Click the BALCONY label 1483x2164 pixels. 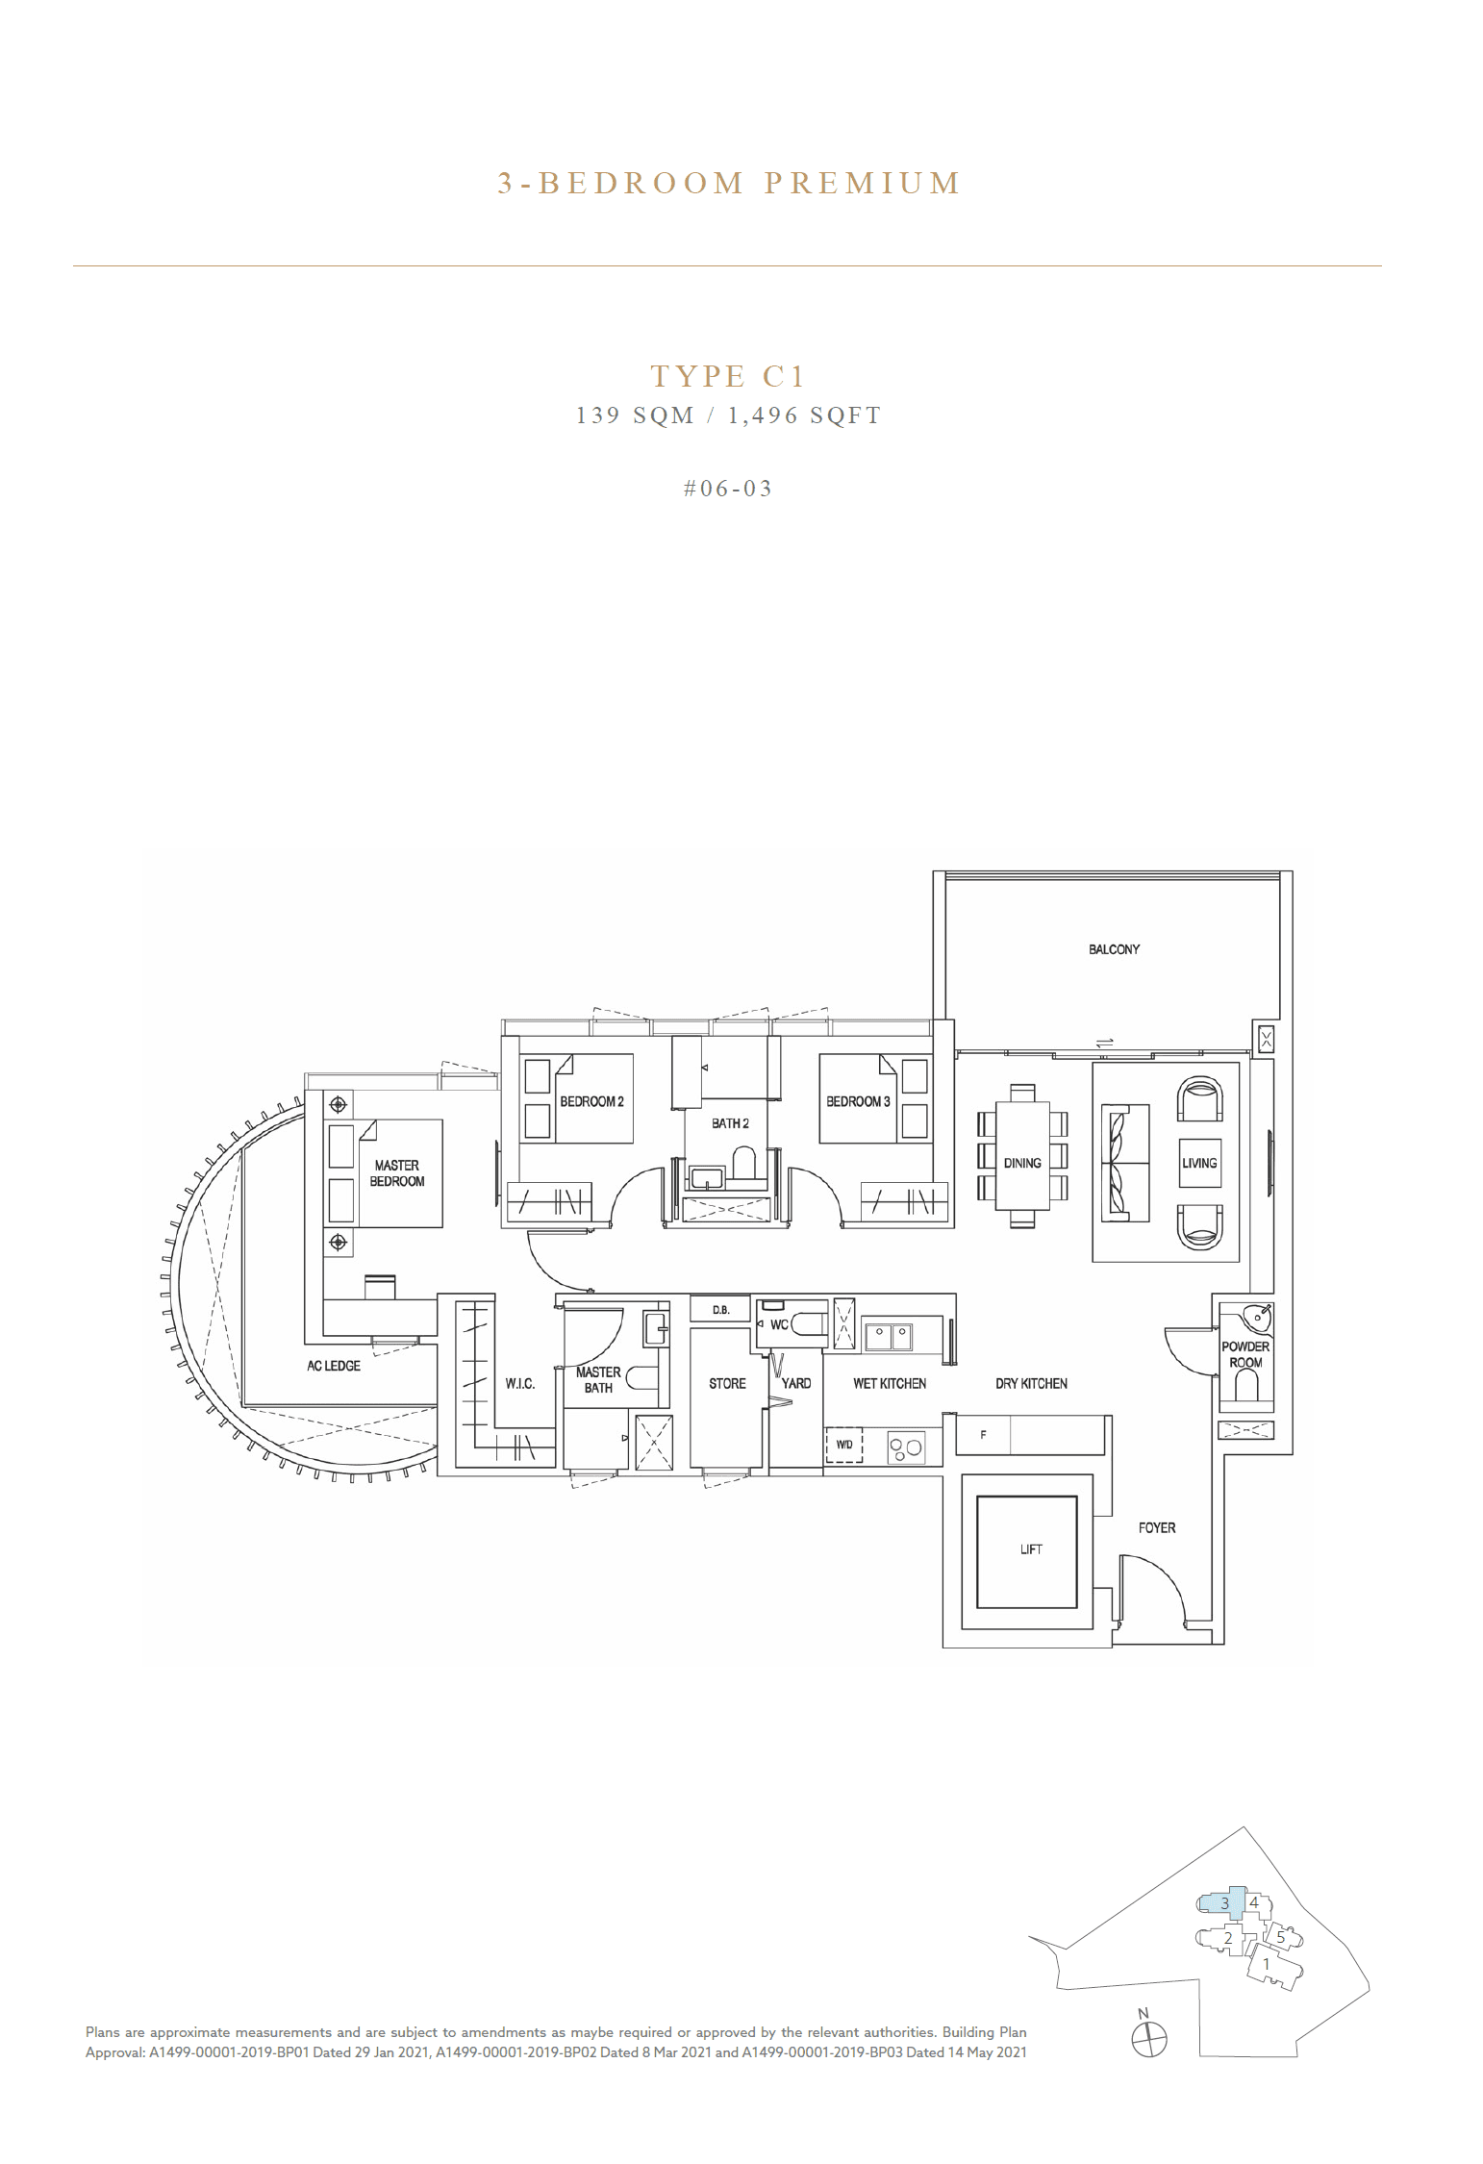click(1114, 949)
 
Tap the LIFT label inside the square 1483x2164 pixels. click(1030, 1549)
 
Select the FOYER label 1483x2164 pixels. click(1156, 1527)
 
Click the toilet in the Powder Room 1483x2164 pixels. click(1245, 1387)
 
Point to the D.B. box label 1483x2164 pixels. click(720, 1310)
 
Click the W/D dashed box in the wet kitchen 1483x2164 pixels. click(844, 1445)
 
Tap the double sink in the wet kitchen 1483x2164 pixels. click(890, 1335)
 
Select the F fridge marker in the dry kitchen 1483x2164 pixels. click(983, 1435)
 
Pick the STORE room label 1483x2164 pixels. click(727, 1383)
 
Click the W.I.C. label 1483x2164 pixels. click(520, 1383)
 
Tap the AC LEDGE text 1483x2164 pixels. click(334, 1366)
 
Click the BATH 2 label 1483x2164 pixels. click(730, 1123)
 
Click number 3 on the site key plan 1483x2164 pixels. click(1224, 1903)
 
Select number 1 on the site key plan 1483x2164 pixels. click(1267, 1964)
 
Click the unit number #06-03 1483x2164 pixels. click(728, 489)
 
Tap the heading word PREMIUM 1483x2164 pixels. click(863, 184)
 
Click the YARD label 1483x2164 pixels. click(796, 1383)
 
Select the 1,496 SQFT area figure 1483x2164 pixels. click(804, 415)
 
